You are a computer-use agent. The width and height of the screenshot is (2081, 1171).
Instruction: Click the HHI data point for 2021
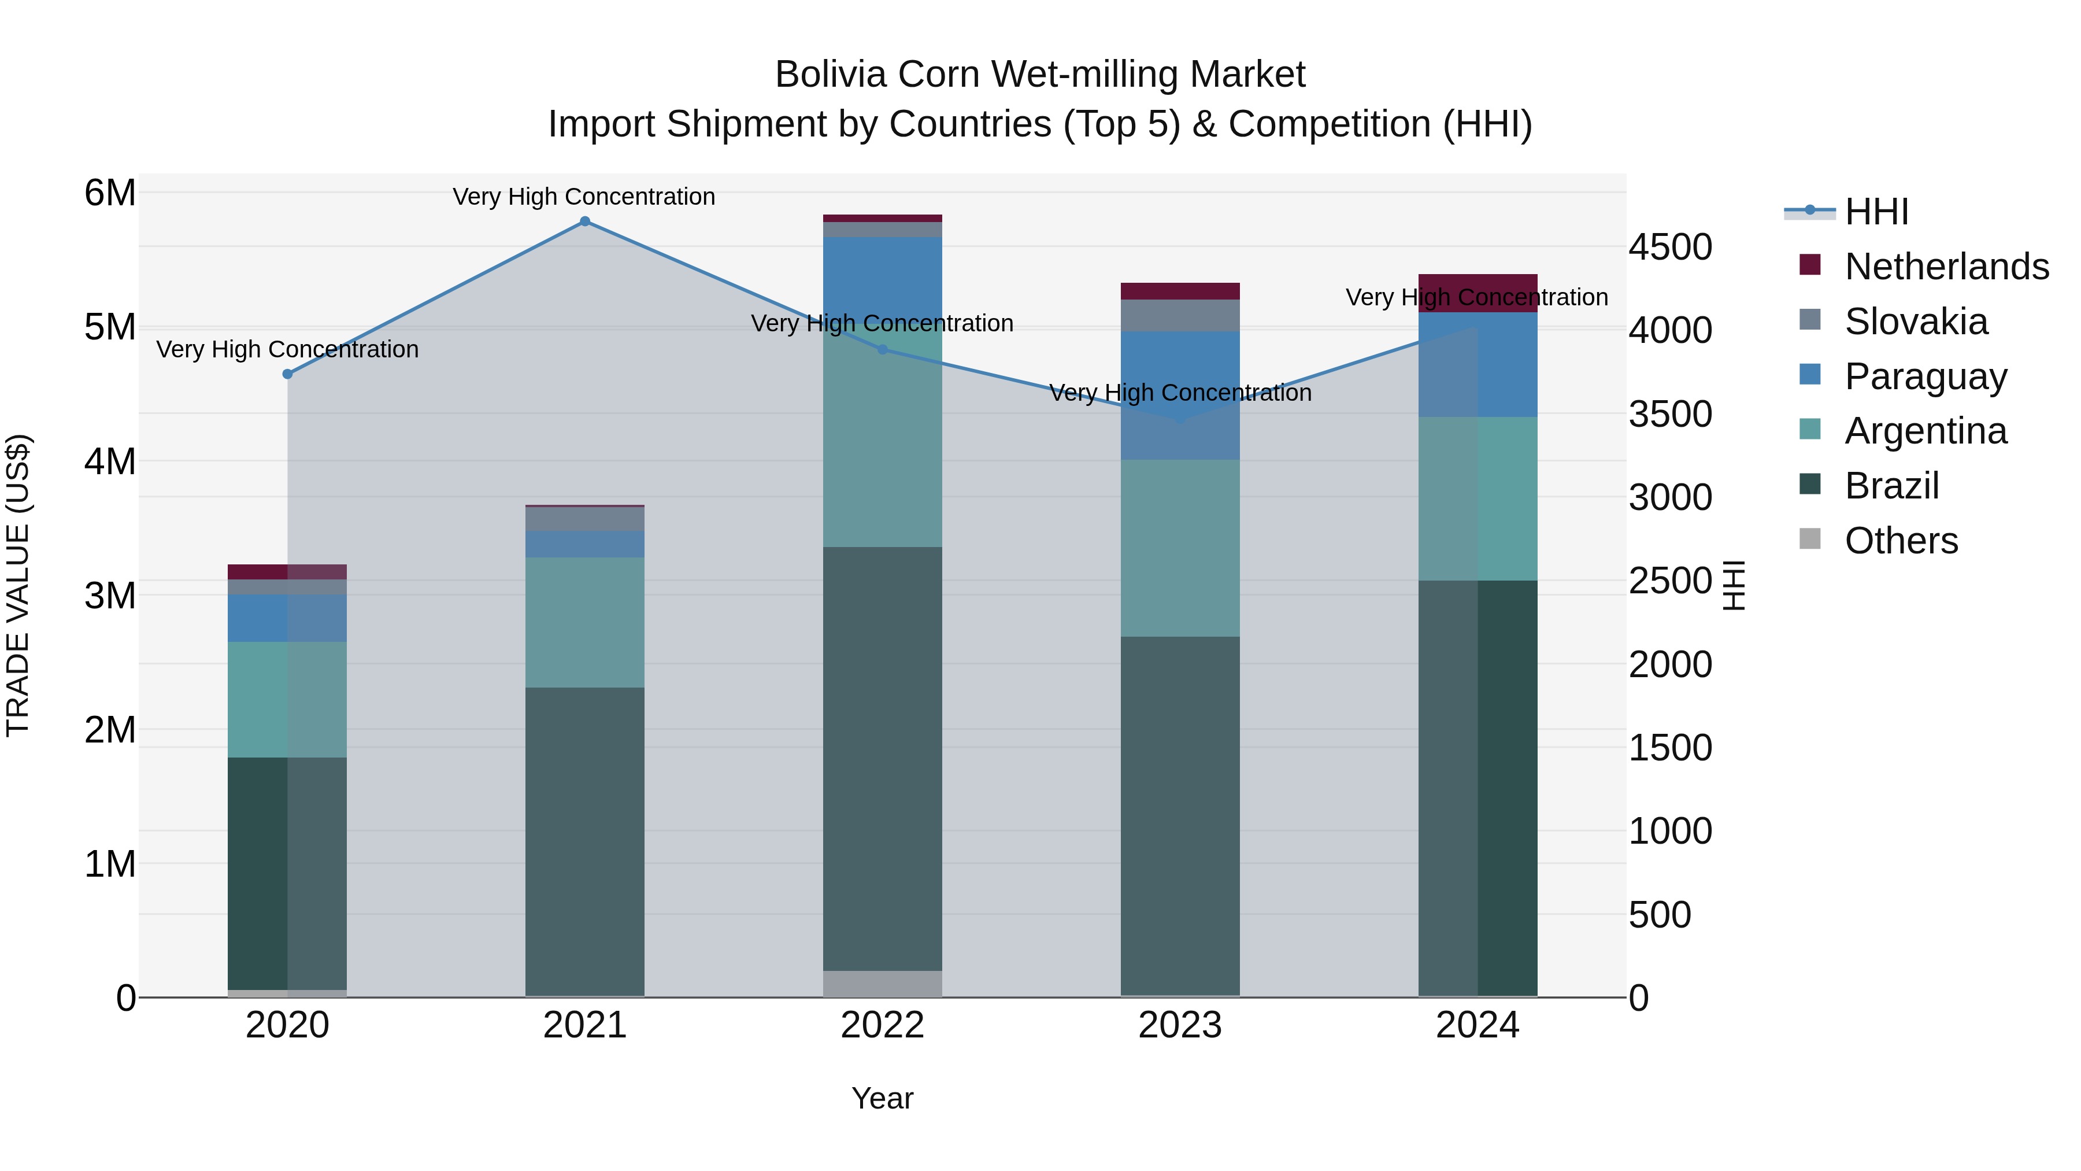[585, 221]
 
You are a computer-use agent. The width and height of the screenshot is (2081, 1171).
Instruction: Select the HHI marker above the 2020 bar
[288, 374]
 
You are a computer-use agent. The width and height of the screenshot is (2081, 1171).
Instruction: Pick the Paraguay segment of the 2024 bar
[1478, 364]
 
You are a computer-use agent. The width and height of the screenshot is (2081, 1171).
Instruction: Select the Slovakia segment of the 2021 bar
[585, 519]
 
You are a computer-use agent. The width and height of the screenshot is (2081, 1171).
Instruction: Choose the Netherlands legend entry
[1946, 266]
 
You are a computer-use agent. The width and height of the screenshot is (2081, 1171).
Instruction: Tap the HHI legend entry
[1876, 212]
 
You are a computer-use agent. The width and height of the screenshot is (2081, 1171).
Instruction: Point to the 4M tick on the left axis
[110, 461]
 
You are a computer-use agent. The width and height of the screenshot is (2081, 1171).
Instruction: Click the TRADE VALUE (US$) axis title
[18, 585]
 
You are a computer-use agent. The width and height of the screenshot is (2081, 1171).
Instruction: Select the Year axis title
[882, 1098]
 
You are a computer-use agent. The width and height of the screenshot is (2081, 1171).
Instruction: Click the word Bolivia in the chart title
[831, 75]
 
